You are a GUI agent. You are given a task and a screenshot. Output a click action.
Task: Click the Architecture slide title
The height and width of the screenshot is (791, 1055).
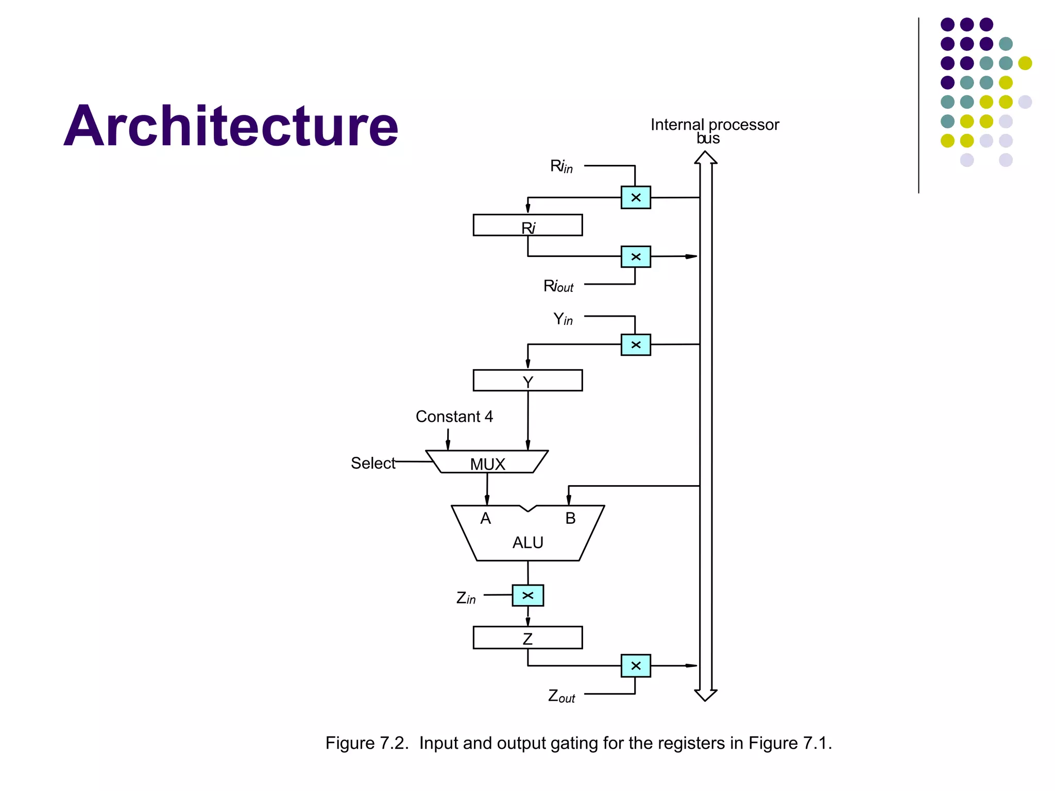coord(231,126)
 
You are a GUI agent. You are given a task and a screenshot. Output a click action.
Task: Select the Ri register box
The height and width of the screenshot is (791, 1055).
coord(527,226)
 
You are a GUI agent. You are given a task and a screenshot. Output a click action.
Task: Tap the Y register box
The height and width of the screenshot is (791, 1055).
coord(527,381)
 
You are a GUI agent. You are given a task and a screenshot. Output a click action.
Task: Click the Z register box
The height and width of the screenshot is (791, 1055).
coord(527,638)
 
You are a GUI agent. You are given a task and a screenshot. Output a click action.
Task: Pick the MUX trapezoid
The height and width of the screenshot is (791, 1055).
coord(487,462)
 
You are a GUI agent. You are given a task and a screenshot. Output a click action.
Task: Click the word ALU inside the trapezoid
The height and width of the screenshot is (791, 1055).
coord(527,542)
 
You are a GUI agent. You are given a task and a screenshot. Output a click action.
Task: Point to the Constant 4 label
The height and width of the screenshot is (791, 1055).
coord(454,416)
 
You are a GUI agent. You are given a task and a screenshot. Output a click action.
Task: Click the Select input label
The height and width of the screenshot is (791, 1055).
coord(372,463)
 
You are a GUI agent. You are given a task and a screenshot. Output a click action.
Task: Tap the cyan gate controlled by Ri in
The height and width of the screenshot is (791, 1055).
coord(636,197)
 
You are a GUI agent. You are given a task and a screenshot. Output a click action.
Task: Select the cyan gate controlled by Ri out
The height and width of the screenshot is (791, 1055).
coord(636,256)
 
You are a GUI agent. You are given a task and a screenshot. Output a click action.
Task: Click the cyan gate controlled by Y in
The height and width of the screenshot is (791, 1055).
coord(636,345)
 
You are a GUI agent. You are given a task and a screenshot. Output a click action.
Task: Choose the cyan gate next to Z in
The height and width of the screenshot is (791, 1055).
coord(527,595)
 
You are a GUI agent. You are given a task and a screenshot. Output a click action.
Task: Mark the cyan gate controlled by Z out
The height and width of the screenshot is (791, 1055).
coord(636,665)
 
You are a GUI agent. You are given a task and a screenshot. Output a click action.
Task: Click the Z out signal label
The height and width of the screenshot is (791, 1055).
coord(561,696)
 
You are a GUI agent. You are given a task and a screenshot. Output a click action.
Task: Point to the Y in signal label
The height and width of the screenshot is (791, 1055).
coord(563,319)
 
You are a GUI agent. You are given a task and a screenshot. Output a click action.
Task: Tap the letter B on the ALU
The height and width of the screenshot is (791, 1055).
coord(570,518)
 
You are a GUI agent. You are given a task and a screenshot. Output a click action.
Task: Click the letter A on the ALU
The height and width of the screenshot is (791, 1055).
coord(485,518)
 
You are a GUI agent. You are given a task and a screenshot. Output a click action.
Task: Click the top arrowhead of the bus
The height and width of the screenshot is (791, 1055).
coord(705,158)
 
